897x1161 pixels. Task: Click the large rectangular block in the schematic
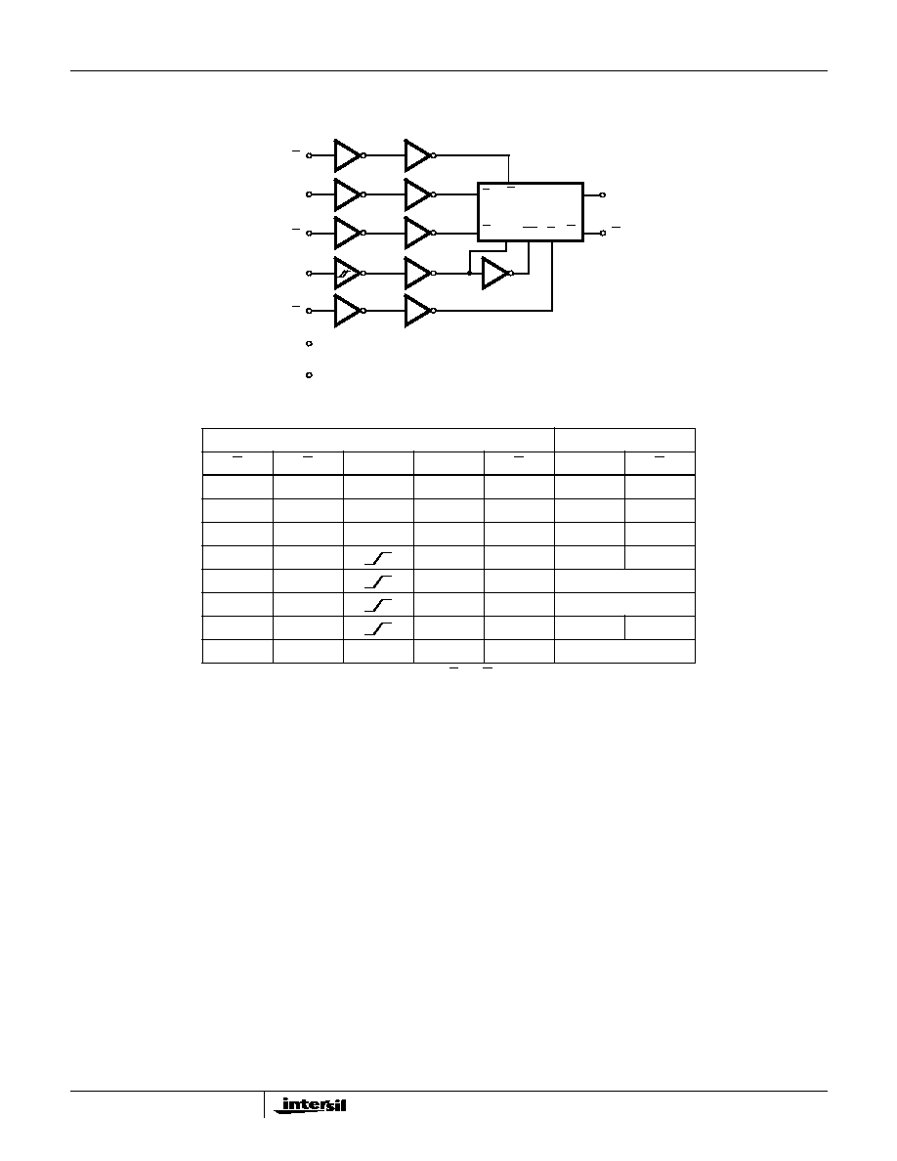530,212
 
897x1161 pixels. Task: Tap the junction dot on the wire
469,274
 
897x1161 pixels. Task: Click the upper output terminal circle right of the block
603,194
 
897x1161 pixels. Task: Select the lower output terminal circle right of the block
603,233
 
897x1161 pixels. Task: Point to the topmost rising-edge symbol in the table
377,558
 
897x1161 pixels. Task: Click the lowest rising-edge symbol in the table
377,628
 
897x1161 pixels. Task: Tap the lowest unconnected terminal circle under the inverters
310,375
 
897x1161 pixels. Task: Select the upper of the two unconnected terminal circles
310,344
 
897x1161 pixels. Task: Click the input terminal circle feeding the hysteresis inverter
310,274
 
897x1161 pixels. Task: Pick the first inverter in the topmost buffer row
348,155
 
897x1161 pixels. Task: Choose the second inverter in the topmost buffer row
419,155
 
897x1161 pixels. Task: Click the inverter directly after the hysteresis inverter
419,274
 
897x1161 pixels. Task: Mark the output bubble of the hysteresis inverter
363,274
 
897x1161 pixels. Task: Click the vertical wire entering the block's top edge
509,169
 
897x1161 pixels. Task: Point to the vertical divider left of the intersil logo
264,1103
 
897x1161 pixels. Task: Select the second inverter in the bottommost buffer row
419,311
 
